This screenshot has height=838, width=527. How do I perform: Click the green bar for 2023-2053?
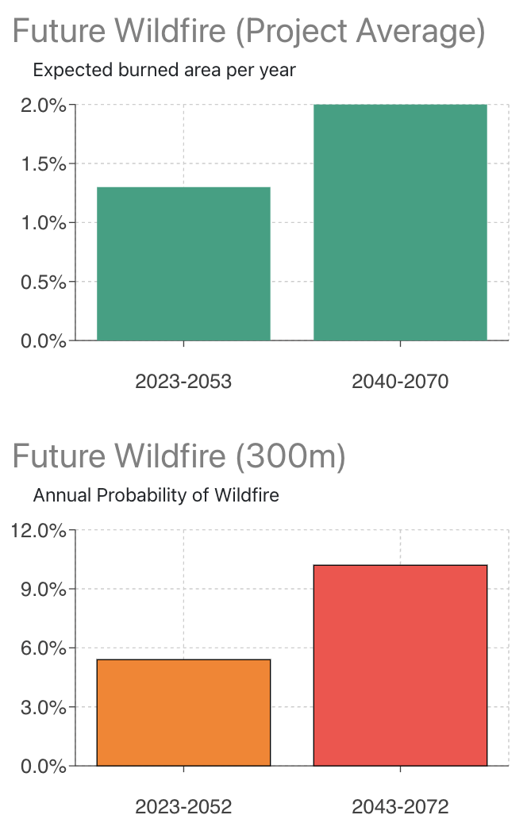pos(183,263)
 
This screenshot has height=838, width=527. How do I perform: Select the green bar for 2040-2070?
pos(400,222)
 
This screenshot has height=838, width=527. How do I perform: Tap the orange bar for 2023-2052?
pos(183,713)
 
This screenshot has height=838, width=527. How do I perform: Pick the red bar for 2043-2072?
pos(400,665)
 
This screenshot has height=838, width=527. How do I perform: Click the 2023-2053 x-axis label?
pos(183,382)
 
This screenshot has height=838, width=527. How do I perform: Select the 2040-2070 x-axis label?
pos(400,382)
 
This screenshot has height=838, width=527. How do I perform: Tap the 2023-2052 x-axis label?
pos(183,807)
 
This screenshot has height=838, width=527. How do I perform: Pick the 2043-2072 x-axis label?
pos(400,807)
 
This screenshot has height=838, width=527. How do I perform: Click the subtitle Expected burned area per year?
pos(164,70)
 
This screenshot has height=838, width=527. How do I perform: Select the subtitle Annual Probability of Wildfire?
pos(156,496)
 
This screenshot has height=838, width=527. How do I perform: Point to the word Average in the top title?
pos(420,32)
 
